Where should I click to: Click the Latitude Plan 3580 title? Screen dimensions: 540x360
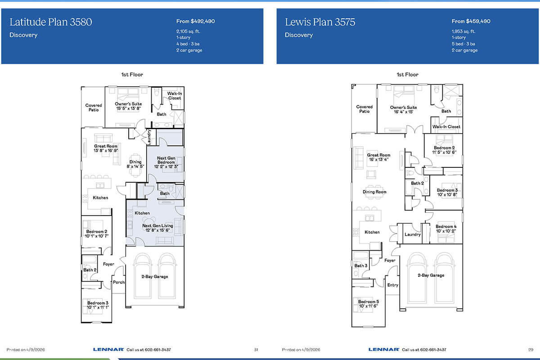(50, 22)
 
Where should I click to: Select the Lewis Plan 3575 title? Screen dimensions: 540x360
(320, 22)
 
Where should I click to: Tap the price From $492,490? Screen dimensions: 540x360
(195, 21)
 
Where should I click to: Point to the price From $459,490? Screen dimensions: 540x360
(471, 21)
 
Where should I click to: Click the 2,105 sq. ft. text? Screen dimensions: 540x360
(188, 31)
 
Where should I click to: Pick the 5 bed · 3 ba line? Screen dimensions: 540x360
(463, 44)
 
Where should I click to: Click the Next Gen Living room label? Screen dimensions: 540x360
(157, 228)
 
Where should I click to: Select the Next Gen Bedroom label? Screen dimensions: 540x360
(166, 162)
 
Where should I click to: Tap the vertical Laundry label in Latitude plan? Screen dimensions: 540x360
(149, 137)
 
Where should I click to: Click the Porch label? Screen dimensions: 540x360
(119, 282)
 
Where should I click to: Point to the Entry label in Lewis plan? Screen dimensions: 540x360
(393, 285)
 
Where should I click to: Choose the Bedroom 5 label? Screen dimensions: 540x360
(369, 304)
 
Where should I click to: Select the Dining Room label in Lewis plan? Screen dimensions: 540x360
(374, 192)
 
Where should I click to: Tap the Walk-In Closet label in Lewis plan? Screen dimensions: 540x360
(446, 127)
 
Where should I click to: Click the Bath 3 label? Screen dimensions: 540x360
(361, 265)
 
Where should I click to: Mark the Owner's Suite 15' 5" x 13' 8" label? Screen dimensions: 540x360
(128, 106)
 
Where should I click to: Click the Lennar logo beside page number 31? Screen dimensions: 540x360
(108, 350)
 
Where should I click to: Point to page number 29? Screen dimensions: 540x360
(531, 350)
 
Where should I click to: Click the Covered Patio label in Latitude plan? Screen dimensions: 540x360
(94, 108)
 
